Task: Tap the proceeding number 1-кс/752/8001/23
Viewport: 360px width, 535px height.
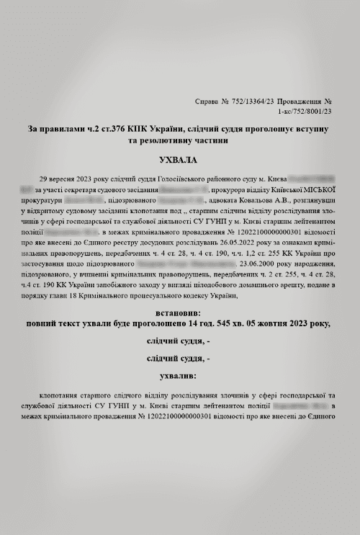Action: (304, 112)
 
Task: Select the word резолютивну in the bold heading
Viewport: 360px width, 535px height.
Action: (166, 141)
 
